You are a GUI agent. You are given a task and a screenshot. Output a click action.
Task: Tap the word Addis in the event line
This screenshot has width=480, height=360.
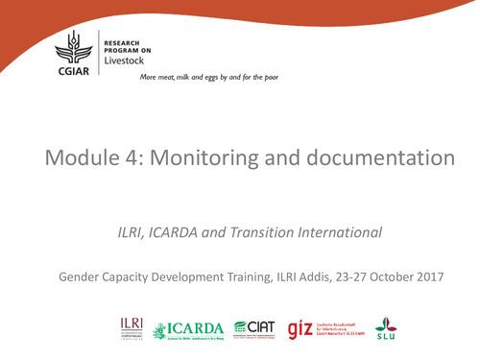click(x=300, y=277)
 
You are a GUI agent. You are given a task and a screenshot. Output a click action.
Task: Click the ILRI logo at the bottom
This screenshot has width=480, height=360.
click(x=132, y=326)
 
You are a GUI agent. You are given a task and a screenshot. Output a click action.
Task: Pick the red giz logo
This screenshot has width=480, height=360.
click(x=301, y=327)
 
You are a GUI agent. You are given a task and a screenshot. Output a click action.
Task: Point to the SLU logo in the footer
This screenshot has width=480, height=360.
click(x=386, y=326)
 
